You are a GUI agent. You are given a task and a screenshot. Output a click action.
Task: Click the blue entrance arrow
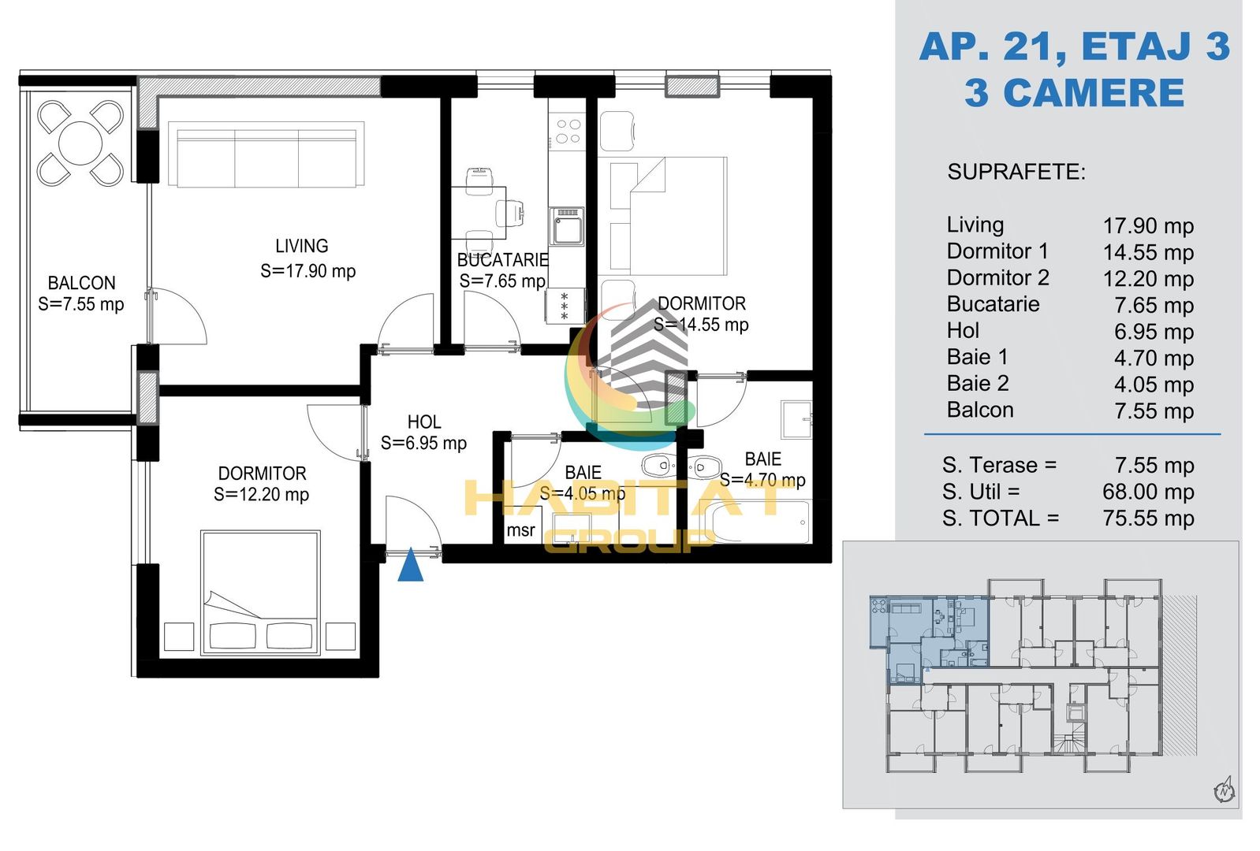pyautogui.click(x=411, y=565)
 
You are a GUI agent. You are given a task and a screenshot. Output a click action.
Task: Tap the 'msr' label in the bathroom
pyautogui.click(x=520, y=530)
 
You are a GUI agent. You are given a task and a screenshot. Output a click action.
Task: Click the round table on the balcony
pyautogui.click(x=80, y=143)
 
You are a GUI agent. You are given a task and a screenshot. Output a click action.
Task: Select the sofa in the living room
pyautogui.click(x=266, y=154)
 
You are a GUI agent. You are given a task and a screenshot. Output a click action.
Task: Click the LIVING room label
pyautogui.click(x=301, y=246)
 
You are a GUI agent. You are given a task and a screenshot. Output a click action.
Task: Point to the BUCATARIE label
pyautogui.click(x=502, y=260)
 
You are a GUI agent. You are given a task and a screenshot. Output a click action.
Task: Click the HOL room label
pyautogui.click(x=424, y=422)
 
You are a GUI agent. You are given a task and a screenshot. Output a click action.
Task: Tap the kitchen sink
pyautogui.click(x=566, y=226)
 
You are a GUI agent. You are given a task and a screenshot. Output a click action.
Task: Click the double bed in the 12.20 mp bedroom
pyautogui.click(x=260, y=593)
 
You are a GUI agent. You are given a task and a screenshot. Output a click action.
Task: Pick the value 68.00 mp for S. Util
pyautogui.click(x=1147, y=492)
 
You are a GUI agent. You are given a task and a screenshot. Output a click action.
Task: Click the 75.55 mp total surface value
pyautogui.click(x=1147, y=518)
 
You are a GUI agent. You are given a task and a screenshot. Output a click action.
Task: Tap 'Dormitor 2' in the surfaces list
pyautogui.click(x=997, y=277)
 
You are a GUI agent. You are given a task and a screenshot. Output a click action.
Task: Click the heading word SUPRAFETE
pyautogui.click(x=1016, y=172)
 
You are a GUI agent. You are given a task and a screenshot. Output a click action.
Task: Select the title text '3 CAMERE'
pyautogui.click(x=1075, y=93)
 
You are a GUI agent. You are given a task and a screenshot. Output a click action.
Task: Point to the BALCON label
pyautogui.click(x=81, y=283)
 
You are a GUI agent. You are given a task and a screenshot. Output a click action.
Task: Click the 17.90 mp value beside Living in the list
pyautogui.click(x=1147, y=226)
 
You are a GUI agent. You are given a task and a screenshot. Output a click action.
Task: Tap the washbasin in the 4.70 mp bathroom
pyautogui.click(x=796, y=419)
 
